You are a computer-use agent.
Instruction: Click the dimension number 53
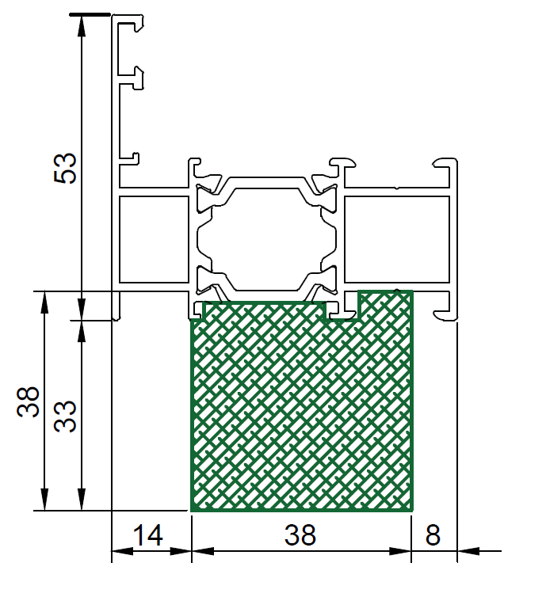[65, 168]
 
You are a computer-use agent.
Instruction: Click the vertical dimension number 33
[65, 416]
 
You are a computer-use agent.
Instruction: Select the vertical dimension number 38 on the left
[29, 401]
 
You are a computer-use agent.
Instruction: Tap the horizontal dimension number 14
[148, 535]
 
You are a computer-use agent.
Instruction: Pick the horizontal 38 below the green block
[300, 535]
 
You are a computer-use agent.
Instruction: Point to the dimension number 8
[433, 535]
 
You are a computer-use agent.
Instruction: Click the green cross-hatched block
[301, 405]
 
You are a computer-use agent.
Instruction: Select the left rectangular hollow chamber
[154, 239]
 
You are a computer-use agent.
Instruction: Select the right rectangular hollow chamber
[397, 239]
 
